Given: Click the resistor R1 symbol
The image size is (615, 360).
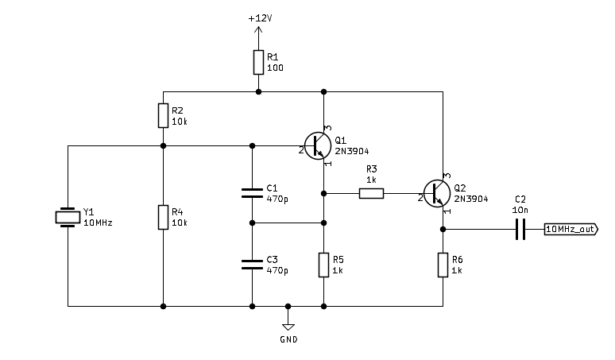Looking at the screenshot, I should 258,62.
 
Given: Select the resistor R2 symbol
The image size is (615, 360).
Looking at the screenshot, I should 163,116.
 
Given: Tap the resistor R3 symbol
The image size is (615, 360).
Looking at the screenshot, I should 371,192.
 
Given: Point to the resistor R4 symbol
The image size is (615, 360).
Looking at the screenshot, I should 163,216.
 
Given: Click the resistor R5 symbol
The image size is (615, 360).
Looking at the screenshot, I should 324,265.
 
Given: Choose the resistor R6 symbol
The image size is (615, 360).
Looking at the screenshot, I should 443,265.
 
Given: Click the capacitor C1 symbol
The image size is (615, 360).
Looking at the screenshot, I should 252,192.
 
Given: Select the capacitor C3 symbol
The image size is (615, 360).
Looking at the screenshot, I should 252,264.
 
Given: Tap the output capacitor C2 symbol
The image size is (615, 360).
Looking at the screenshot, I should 520,230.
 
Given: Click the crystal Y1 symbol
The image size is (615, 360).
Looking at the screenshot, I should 68,217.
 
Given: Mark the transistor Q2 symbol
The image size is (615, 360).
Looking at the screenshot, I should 437,192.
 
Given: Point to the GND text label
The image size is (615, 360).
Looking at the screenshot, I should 288,339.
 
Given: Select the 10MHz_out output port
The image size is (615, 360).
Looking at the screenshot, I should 571,230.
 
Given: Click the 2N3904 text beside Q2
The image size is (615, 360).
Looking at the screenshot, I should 470,199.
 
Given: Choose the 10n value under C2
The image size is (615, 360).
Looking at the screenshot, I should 520,208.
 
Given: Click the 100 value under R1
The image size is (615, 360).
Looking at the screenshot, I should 274,68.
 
